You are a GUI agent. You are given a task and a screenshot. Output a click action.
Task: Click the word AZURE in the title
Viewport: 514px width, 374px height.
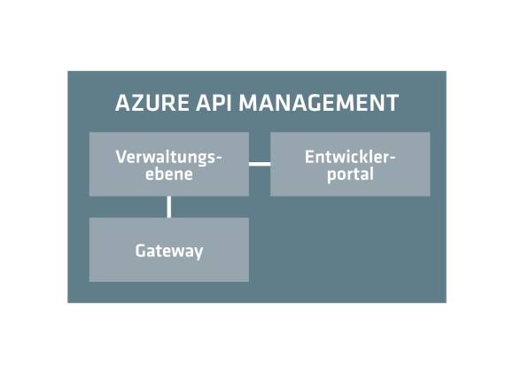pyautogui.click(x=152, y=103)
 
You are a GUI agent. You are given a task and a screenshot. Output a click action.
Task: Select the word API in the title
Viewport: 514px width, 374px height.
pyautogui.click(x=214, y=103)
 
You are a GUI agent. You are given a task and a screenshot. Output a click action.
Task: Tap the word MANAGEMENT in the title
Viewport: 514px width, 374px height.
pyautogui.click(x=319, y=103)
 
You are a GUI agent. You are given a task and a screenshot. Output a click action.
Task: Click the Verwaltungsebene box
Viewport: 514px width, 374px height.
pyautogui.click(x=169, y=164)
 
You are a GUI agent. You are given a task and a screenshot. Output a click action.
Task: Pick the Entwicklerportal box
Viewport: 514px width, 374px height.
pyautogui.click(x=350, y=164)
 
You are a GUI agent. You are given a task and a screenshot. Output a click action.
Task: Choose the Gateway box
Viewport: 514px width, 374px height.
pyautogui.click(x=169, y=249)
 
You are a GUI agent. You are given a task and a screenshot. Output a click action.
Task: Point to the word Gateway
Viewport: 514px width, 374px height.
pyautogui.click(x=169, y=252)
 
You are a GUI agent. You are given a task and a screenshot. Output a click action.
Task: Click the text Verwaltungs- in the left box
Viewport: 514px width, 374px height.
pyautogui.click(x=169, y=158)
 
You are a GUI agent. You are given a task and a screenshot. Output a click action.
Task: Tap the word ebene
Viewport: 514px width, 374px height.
pyautogui.click(x=169, y=174)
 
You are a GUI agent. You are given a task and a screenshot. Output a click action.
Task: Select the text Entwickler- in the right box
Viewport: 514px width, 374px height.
pyautogui.click(x=350, y=157)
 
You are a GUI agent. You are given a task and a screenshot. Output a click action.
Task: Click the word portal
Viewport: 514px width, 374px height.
pyautogui.click(x=350, y=175)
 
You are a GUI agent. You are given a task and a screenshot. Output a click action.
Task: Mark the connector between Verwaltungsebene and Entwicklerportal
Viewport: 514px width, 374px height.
pyautogui.click(x=260, y=164)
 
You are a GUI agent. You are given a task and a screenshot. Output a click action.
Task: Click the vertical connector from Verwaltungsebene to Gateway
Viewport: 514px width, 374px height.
pyautogui.click(x=168, y=206)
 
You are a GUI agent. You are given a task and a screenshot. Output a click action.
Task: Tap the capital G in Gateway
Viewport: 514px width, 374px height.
pyautogui.click(x=141, y=251)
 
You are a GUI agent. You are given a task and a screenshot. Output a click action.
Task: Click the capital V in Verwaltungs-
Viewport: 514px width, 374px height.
pyautogui.click(x=121, y=157)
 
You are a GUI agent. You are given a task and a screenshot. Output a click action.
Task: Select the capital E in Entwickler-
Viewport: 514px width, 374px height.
pyautogui.click(x=309, y=157)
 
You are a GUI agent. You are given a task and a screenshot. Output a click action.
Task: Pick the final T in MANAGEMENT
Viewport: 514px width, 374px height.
pyautogui.click(x=392, y=103)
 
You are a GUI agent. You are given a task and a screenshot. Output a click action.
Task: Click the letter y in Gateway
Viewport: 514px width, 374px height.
pyautogui.click(x=198, y=253)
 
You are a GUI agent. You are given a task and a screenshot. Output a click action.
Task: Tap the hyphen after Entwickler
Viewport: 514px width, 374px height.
pyautogui.click(x=392, y=158)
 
